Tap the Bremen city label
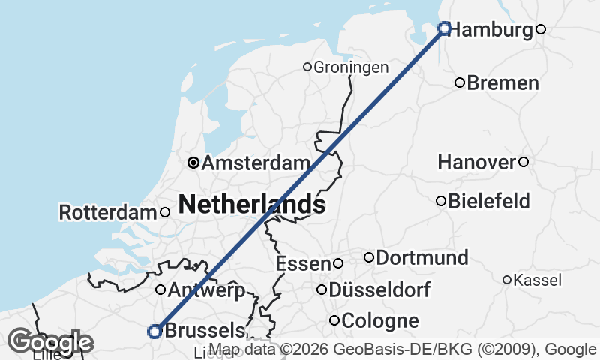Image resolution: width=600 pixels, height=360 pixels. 502,82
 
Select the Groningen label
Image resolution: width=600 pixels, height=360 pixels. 351,67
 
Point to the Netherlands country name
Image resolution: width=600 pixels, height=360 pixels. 252,204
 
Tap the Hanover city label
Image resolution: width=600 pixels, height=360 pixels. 477,162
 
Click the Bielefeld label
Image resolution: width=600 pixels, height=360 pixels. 489,201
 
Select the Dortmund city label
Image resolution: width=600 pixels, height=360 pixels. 422,258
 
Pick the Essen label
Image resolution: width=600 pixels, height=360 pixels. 304,263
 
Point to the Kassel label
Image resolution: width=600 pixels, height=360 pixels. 538,280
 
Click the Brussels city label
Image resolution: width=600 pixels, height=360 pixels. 204,330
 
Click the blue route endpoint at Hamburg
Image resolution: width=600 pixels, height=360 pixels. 444,28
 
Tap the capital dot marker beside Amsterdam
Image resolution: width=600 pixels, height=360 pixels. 193,162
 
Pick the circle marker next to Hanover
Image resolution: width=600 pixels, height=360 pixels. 523,162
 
